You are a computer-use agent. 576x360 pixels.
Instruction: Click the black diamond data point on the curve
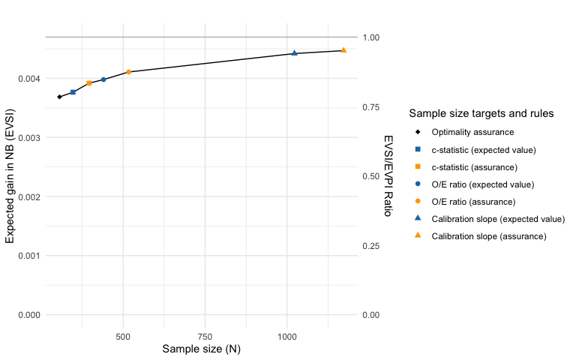coord(59,97)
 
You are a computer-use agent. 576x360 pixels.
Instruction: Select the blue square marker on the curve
coord(73,92)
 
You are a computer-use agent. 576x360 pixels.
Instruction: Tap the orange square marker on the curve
coord(89,83)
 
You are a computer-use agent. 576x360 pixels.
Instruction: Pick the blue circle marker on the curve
coord(103,79)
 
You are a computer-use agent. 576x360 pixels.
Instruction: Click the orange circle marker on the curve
coord(129,72)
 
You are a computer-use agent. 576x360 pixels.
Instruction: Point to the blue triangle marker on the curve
coord(294,53)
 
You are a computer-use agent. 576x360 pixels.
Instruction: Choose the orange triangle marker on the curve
coord(343,50)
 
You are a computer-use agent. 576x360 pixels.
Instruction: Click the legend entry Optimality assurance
coord(463,132)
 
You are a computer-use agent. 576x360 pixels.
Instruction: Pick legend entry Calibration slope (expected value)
coord(497,219)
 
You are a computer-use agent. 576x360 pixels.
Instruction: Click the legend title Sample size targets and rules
coord(481,114)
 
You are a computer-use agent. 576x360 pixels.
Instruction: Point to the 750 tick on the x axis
coord(205,335)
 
